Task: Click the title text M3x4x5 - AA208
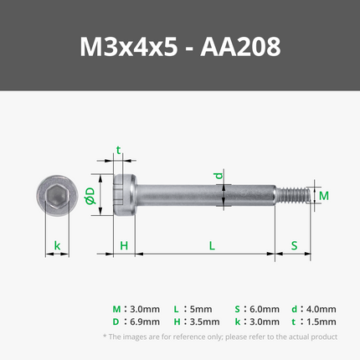(180, 47)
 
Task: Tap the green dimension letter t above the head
(119, 150)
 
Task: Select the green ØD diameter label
(90, 195)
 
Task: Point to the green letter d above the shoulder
(219, 176)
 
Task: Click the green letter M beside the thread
(324, 196)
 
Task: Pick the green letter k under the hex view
(57, 245)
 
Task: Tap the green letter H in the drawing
(124, 246)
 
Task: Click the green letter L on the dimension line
(212, 246)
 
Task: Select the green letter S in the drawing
(294, 246)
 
